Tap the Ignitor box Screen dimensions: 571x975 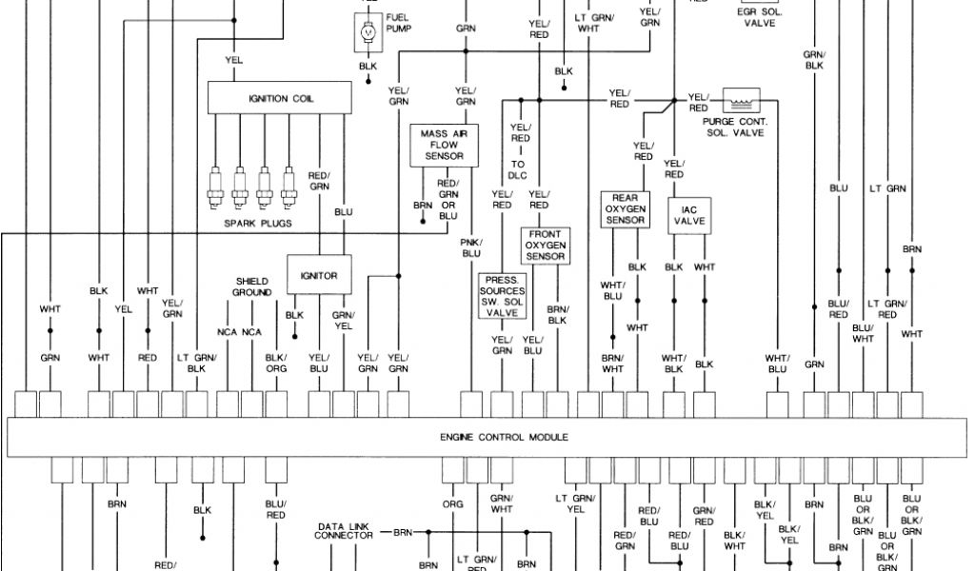[319, 275]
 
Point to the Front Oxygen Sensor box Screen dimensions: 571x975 [546, 245]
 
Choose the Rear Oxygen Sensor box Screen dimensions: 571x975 [625, 209]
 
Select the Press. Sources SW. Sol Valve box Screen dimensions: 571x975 [502, 294]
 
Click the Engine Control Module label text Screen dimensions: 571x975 [504, 437]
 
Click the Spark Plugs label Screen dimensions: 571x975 [257, 224]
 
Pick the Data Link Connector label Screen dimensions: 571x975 [344, 531]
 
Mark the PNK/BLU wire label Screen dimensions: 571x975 [470, 248]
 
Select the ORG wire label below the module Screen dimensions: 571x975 [452, 503]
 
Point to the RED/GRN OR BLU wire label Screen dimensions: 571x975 [448, 199]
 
